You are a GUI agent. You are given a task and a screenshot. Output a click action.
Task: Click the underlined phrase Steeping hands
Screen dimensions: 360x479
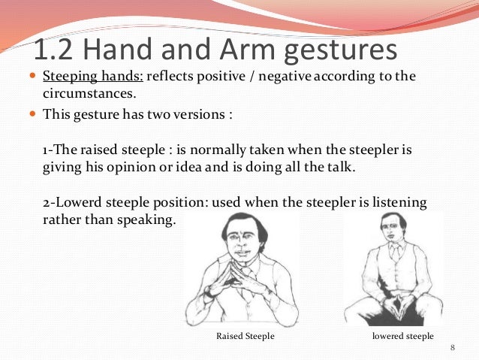pyautogui.click(x=92, y=77)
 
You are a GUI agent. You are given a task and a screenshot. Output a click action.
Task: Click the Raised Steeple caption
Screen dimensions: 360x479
pyautogui.click(x=245, y=336)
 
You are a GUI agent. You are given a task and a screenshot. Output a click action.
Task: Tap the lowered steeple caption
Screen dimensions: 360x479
pyautogui.click(x=402, y=336)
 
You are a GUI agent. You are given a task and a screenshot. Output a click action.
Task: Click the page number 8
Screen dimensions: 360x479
pyautogui.click(x=453, y=346)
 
